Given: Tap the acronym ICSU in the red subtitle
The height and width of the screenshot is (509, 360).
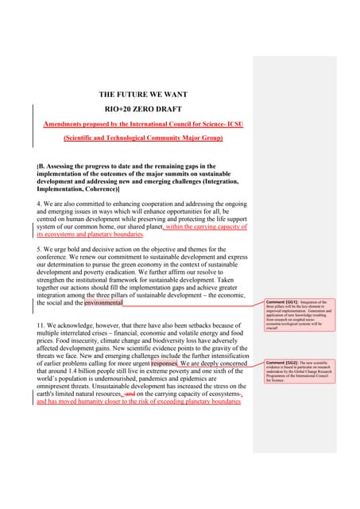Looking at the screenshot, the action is [x=234, y=123].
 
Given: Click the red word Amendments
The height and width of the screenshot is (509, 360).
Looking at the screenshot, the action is [x=66, y=123].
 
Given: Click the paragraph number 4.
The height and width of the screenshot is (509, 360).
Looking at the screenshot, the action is [x=40, y=204].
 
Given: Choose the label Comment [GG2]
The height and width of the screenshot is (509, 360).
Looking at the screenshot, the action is [x=278, y=363].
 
